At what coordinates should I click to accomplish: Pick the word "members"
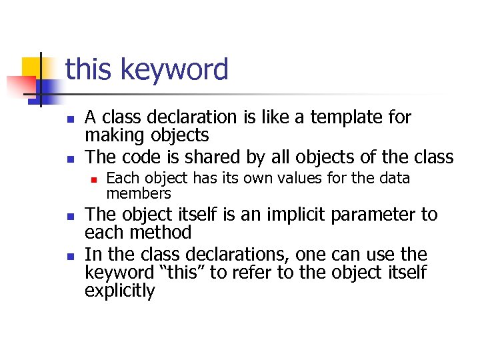click(x=139, y=193)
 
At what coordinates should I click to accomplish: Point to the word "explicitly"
click(x=119, y=291)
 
